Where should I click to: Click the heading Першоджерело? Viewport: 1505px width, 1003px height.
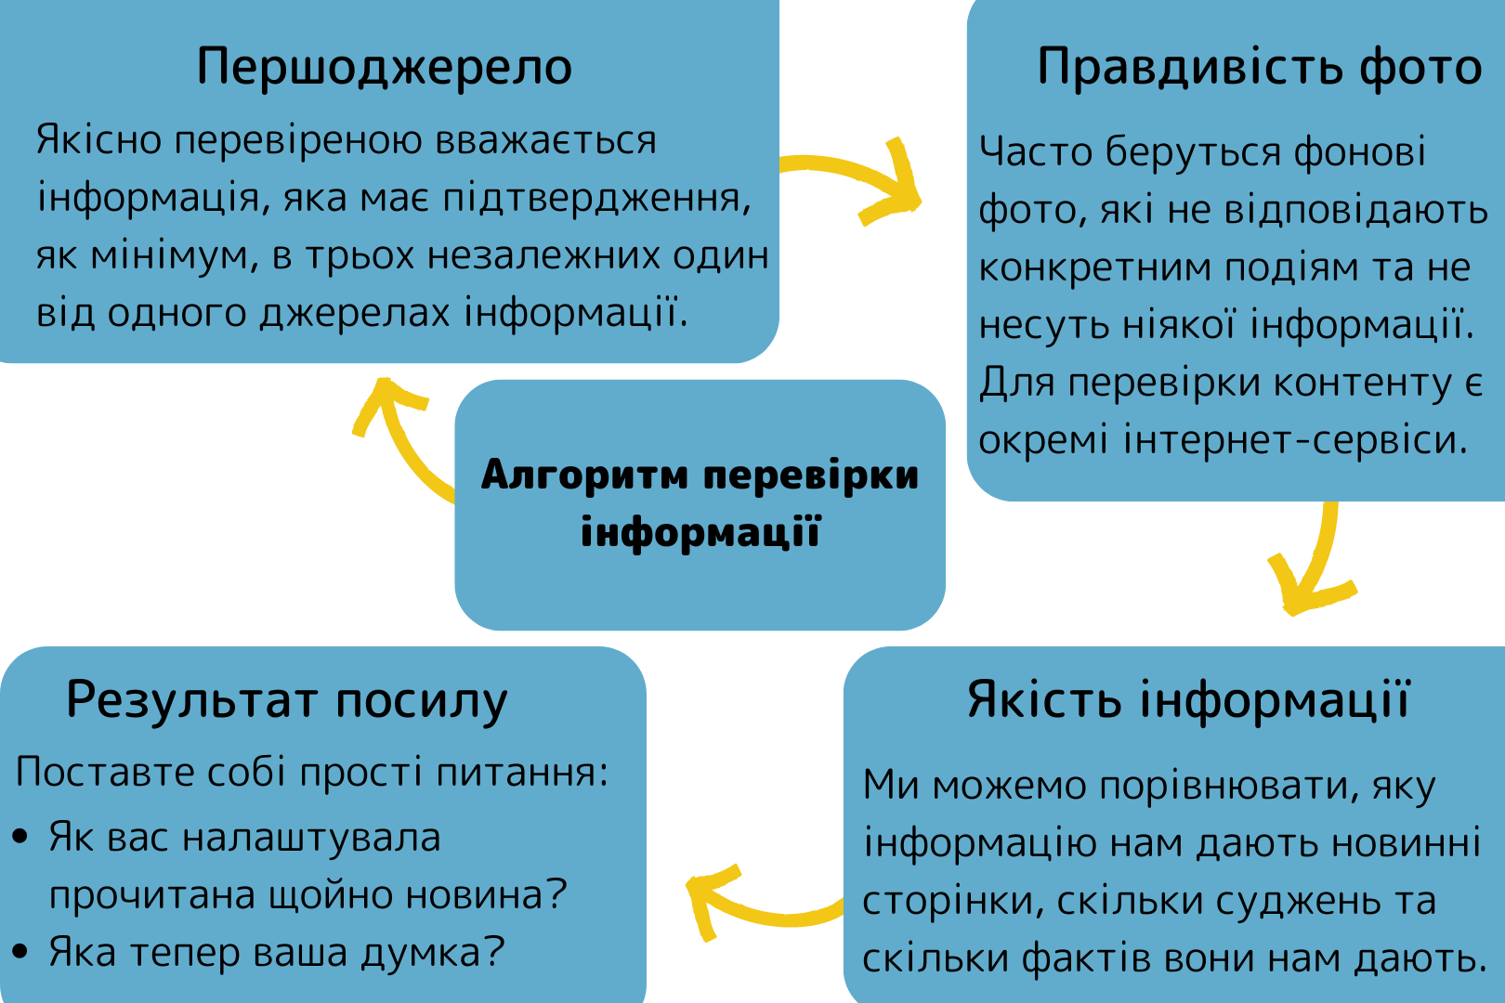coord(384,67)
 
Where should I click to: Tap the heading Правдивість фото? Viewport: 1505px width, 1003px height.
coord(1259,67)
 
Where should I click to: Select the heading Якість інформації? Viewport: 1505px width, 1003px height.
coord(1188,699)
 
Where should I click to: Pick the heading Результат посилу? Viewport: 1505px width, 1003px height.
coord(287,699)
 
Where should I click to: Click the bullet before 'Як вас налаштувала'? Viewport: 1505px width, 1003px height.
coord(21,838)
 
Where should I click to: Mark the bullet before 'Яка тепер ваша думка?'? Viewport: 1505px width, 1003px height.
coord(21,952)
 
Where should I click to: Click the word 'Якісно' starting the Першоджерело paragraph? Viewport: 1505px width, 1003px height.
coord(98,141)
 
